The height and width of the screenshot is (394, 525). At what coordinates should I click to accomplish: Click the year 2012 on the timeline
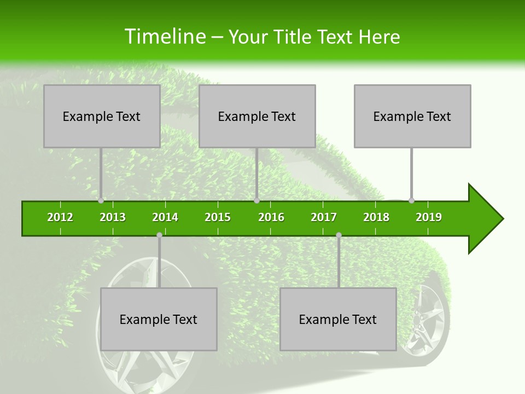[x=60, y=217]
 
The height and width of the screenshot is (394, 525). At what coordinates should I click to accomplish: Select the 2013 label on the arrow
[x=113, y=217]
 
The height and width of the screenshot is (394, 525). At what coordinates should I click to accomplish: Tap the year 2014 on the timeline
[x=165, y=217]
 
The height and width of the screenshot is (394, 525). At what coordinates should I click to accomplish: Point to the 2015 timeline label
[x=218, y=217]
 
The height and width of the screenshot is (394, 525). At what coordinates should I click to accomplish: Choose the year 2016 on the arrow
[x=271, y=217]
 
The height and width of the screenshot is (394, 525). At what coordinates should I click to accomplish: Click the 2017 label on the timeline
[x=324, y=217]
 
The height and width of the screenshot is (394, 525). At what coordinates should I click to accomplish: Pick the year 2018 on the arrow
[x=376, y=217]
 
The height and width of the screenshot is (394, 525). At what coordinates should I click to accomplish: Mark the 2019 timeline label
[x=429, y=217]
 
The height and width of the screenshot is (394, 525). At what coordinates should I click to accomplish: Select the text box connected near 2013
[x=102, y=116]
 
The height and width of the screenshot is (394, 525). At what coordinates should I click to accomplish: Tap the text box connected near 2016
[x=257, y=116]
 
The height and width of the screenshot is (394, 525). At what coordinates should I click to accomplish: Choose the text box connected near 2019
[x=412, y=116]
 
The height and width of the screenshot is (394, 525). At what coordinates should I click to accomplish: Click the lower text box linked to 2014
[x=159, y=319]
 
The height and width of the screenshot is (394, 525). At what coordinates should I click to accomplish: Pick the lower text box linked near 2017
[x=338, y=319]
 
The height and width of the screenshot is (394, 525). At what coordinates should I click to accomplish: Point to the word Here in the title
[x=379, y=37]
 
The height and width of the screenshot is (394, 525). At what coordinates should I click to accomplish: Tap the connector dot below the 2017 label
[x=339, y=235]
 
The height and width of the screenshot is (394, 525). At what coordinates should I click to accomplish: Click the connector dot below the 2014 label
[x=159, y=235]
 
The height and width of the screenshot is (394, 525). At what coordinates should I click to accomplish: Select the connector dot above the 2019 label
[x=411, y=200]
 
